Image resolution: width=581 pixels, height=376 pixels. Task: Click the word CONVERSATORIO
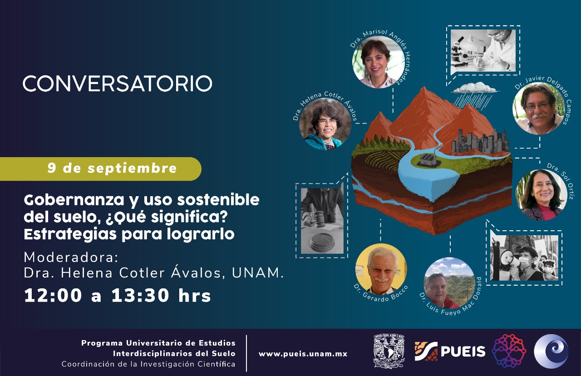tap(118, 84)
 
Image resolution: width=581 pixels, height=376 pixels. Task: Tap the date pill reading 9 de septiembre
tap(101, 168)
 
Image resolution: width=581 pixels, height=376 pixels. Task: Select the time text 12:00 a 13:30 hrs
tap(117, 296)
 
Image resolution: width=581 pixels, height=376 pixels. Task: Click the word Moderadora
tap(71, 257)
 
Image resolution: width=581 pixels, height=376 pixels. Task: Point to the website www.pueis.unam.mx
tap(303, 354)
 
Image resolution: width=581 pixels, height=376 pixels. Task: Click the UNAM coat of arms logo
tap(389, 351)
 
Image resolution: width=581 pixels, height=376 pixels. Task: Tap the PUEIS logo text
tap(463, 351)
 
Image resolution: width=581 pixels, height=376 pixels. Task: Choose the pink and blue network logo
tap(509, 351)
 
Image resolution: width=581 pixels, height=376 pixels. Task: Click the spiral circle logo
tap(551, 351)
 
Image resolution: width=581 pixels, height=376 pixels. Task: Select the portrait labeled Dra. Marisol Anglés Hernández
tap(379, 62)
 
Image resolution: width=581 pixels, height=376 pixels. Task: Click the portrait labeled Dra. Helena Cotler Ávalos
tap(325, 124)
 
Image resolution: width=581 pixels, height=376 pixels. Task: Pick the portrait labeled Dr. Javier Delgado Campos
tap(538, 109)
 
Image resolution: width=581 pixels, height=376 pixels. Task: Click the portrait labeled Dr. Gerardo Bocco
tap(381, 269)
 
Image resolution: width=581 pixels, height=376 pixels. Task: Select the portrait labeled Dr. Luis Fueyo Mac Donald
tap(449, 283)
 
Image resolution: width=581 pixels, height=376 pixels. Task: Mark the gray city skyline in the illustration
tap(480, 141)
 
